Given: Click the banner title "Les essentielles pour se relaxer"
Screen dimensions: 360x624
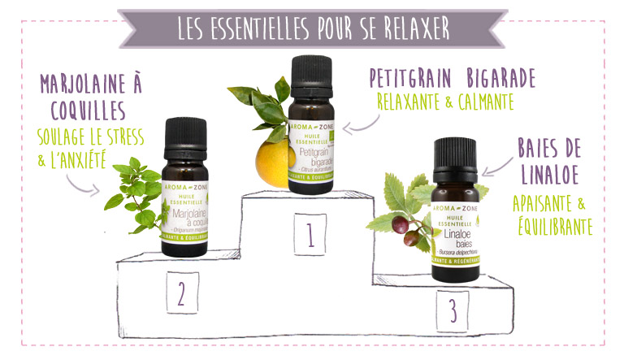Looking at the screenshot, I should click(313, 26).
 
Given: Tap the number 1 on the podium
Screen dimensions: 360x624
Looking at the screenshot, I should click(310, 235).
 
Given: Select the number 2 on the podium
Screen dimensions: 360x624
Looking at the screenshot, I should click(182, 292).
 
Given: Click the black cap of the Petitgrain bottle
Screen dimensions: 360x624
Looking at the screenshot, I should click(312, 76).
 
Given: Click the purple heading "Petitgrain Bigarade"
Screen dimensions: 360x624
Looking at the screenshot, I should click(452, 78).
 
